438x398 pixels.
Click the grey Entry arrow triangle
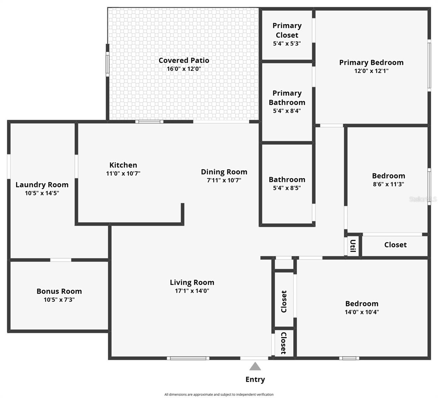tap(255, 366)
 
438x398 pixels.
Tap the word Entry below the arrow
tap(255, 379)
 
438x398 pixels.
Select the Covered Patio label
tap(184, 60)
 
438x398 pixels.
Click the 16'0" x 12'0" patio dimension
tap(184, 69)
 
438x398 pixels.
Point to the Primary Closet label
tap(287, 30)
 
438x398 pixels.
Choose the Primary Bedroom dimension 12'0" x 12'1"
tap(371, 71)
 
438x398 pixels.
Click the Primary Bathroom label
tap(287, 98)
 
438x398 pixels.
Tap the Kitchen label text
tap(123, 165)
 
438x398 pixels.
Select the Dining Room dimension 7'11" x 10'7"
tap(224, 180)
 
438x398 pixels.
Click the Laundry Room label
tap(42, 185)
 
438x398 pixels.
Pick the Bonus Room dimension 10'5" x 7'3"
tap(59, 300)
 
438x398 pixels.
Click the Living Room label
tap(192, 283)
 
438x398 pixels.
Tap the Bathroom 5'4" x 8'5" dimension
tap(287, 188)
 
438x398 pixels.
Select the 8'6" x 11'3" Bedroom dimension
tap(388, 184)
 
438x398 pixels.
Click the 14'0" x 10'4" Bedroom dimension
tap(362, 312)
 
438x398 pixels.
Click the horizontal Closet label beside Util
tap(395, 245)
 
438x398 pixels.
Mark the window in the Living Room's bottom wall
tap(188, 358)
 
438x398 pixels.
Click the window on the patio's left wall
tap(108, 64)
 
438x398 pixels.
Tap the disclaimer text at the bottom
tap(219, 394)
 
